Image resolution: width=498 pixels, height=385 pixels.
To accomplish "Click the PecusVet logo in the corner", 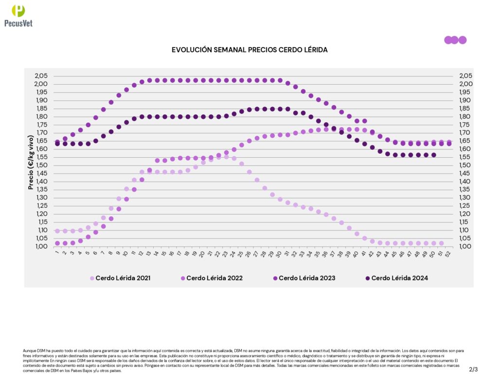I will (18, 15).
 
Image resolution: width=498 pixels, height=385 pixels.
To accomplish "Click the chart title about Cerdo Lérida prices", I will (249, 50).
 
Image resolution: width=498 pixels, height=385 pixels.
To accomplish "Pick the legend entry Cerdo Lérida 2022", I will (214, 278).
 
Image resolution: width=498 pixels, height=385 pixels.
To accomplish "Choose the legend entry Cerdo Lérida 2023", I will (306, 278).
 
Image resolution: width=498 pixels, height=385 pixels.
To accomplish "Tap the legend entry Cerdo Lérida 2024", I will (399, 278).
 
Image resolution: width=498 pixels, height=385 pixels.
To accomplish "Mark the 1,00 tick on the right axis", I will (465, 246).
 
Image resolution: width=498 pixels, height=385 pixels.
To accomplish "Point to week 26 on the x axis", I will (249, 253).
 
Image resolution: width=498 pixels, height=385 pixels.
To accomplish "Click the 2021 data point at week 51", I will (441, 243).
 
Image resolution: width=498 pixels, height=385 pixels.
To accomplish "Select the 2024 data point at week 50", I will (433, 155).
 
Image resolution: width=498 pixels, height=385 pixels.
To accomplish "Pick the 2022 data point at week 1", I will (57, 243).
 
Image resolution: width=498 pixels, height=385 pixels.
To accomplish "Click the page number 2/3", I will (473, 369).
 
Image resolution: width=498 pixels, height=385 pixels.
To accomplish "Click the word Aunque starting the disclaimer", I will (30, 350).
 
